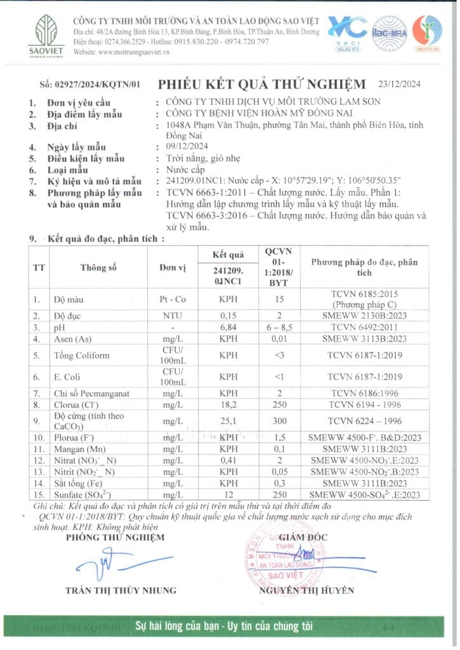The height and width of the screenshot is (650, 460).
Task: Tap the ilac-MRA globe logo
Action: pyautogui.click(x=390, y=31)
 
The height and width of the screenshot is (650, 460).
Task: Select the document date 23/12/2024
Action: pyautogui.click(x=404, y=83)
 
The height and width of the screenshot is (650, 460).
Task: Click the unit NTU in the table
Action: pyautogui.click(x=172, y=315)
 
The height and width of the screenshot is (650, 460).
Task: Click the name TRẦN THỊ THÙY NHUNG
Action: pyautogui.click(x=121, y=590)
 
